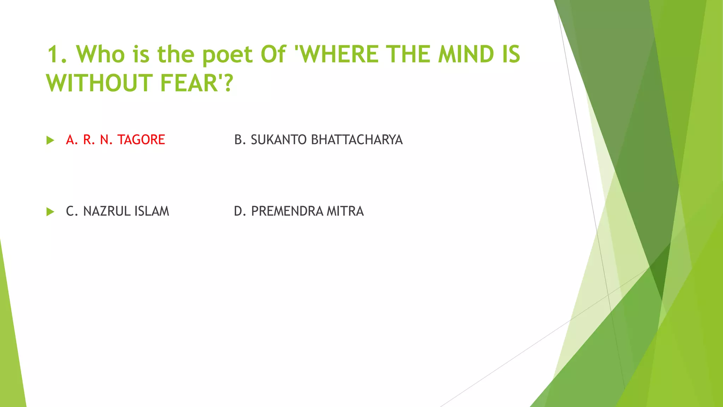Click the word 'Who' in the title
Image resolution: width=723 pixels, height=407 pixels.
(101, 54)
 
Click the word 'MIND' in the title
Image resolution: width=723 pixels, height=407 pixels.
(466, 54)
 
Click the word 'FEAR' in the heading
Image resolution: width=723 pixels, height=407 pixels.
(189, 83)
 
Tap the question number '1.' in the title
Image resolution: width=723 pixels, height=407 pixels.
(57, 54)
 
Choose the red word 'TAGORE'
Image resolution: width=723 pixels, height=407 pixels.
(141, 140)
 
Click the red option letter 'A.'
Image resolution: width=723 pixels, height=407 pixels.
(72, 140)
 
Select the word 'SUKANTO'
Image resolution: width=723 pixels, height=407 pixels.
(279, 140)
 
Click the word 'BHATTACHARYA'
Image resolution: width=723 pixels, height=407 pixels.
(357, 140)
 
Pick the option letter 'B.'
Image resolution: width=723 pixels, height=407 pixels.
(240, 140)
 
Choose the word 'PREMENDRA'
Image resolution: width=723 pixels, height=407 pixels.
(287, 211)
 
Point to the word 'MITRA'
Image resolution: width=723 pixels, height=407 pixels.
(345, 211)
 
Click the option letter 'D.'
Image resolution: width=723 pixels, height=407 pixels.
(240, 211)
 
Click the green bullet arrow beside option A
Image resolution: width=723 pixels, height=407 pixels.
(50, 140)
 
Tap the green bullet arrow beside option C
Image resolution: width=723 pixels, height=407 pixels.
(50, 212)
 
